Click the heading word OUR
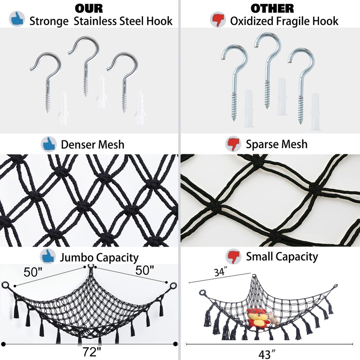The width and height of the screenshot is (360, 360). click(x=89, y=9)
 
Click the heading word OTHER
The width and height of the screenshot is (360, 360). click(x=272, y=9)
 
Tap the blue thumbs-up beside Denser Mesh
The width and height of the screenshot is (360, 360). click(x=49, y=144)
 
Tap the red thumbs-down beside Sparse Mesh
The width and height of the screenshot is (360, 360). click(x=233, y=144)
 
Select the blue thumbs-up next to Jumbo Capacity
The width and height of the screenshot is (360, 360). click(x=48, y=256)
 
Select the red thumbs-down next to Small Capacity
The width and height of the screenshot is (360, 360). click(x=233, y=256)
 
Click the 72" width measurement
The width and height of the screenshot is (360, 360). click(x=92, y=352)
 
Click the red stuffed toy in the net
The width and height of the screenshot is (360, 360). click(x=258, y=318)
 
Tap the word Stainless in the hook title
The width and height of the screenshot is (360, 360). click(x=95, y=21)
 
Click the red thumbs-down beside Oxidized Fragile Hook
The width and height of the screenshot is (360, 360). click(x=218, y=20)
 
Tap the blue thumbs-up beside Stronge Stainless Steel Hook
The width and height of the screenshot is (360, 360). click(x=17, y=19)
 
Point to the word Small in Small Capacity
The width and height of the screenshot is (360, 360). click(x=259, y=256)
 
